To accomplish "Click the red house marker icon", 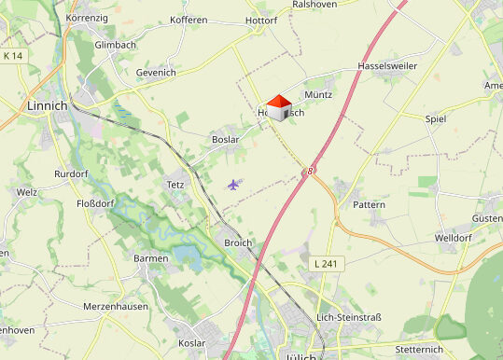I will click(277, 105).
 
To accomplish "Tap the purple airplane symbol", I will click(233, 184).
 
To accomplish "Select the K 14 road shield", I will click(12, 57).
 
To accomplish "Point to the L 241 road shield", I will click(326, 264).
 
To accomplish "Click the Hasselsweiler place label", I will click(387, 67).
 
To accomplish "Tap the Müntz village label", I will click(318, 95).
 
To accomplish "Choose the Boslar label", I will click(226, 140).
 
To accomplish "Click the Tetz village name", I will click(175, 185).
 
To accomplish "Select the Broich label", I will click(238, 242).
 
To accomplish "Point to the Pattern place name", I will click(369, 203).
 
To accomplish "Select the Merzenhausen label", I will click(117, 306).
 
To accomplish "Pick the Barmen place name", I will click(151, 258).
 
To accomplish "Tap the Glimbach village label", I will click(116, 44).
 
